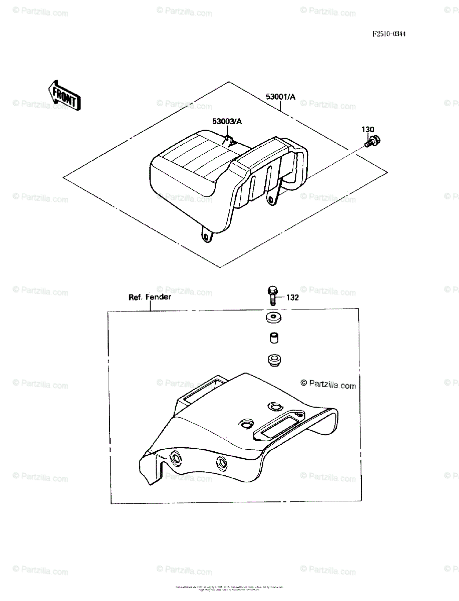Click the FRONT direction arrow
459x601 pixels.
(x=62, y=96)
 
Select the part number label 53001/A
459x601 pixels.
(x=280, y=97)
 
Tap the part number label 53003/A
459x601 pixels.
(x=227, y=122)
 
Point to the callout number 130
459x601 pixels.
(x=368, y=130)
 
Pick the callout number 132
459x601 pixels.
(x=293, y=298)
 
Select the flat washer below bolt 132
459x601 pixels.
(x=273, y=318)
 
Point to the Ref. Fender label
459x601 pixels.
(x=150, y=297)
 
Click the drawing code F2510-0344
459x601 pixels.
(x=389, y=35)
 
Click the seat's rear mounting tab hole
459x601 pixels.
(x=271, y=201)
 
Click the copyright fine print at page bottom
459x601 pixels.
(x=229, y=588)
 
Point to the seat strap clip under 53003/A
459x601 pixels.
(x=230, y=140)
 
